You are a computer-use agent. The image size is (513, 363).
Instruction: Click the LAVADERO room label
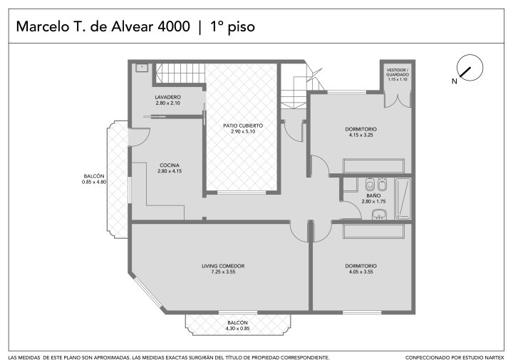point(168,97)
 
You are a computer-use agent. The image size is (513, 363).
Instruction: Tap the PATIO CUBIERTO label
point(243,126)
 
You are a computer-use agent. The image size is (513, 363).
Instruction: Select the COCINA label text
point(170,165)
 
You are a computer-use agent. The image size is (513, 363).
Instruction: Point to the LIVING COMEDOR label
point(223,266)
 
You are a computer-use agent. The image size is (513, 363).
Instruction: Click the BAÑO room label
point(373,195)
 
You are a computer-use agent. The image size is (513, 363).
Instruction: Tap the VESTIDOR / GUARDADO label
point(398,73)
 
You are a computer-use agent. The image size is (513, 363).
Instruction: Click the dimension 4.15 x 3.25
point(361,135)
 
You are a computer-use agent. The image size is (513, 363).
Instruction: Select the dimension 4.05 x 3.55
point(361,272)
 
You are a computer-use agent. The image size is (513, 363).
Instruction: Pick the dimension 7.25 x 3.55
point(223,272)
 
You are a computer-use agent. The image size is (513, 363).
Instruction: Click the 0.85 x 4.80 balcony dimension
point(94,182)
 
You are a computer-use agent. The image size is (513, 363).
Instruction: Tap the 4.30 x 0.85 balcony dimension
point(237,329)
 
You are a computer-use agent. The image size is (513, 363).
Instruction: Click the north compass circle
point(470,67)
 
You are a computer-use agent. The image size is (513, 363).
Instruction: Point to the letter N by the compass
point(455,81)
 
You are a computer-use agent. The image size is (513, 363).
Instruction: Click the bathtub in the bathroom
point(403,198)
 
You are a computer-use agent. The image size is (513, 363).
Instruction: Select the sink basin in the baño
point(379,215)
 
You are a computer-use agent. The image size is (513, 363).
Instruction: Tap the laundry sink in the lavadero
point(142,68)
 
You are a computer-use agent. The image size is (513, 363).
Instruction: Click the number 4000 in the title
point(174,26)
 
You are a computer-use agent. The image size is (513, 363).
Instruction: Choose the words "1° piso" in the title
point(232,27)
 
